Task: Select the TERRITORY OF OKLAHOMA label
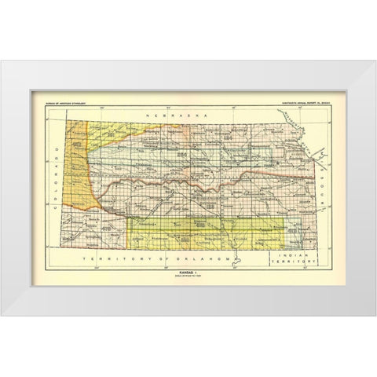pyautogui.click(x=164, y=258)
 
